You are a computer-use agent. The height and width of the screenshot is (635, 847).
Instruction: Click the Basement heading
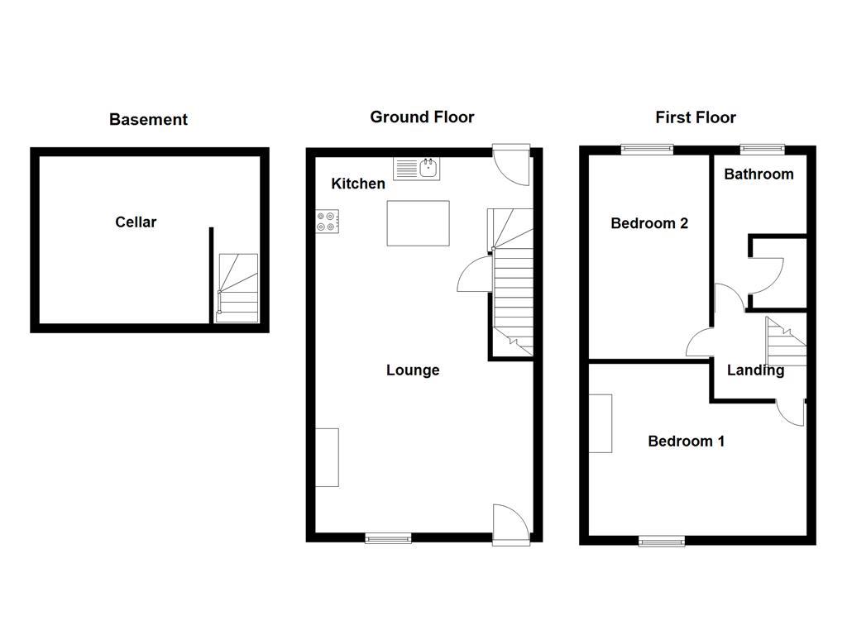148,120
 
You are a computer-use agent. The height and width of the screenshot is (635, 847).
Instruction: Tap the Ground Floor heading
422,117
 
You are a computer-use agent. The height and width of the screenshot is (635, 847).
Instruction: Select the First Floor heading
695,117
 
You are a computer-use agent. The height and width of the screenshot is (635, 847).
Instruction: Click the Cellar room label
136,222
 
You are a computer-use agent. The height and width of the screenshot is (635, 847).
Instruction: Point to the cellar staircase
237,288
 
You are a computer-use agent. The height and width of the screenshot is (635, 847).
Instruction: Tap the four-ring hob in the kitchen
327,220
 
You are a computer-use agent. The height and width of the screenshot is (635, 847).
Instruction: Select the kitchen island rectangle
419,223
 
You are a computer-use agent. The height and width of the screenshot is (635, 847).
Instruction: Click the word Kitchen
358,184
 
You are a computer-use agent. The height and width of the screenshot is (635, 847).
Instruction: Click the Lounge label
413,370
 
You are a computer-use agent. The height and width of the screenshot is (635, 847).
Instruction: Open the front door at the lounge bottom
510,525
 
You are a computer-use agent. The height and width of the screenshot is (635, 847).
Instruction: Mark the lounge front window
388,538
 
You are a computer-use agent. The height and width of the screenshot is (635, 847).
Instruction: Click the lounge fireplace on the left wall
328,457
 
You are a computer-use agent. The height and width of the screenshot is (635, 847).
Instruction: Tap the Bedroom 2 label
649,223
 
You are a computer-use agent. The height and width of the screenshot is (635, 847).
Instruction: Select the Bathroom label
758,174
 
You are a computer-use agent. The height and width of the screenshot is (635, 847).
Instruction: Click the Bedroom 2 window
647,149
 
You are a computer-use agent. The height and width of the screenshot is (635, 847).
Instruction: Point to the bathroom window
762,149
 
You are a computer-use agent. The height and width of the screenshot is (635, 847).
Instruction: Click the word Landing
755,370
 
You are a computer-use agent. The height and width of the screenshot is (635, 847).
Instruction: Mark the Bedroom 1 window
661,541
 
